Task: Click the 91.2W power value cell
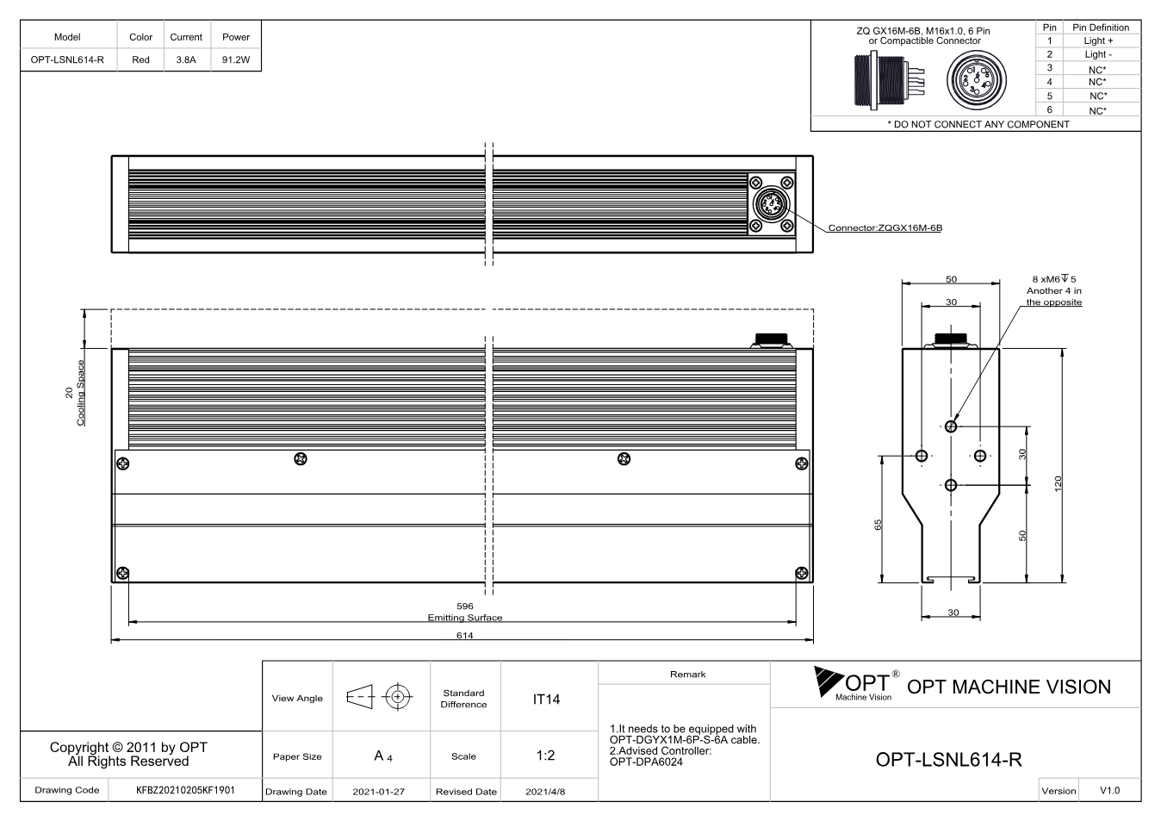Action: [x=236, y=59]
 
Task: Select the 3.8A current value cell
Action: [x=186, y=59]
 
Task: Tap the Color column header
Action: [x=141, y=37]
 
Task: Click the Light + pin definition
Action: [x=1098, y=40]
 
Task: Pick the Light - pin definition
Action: [x=1098, y=54]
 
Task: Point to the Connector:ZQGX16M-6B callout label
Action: [x=885, y=227]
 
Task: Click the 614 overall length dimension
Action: [x=465, y=636]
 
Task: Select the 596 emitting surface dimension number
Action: [x=465, y=606]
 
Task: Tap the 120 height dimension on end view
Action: [x=1059, y=483]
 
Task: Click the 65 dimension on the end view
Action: [x=878, y=525]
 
